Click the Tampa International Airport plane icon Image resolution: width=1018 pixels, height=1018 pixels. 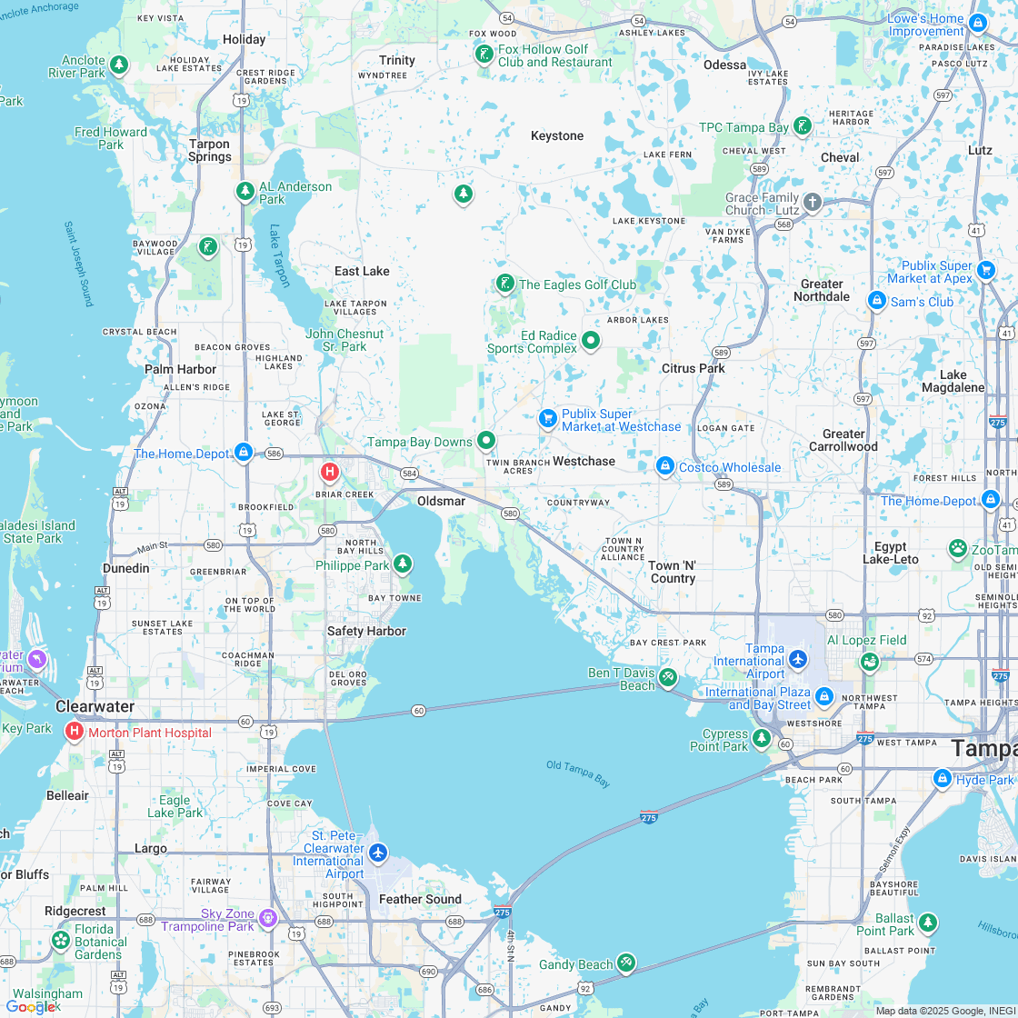click(798, 658)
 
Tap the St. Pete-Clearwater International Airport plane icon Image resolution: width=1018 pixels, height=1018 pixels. click(379, 853)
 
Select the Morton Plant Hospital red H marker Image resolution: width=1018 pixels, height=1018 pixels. click(74, 732)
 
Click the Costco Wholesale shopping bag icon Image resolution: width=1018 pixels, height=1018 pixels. click(664, 466)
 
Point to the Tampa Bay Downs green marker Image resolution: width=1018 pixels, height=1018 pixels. click(486, 441)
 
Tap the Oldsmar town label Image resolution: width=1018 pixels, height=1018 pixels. click(441, 501)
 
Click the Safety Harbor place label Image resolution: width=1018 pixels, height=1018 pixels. click(366, 631)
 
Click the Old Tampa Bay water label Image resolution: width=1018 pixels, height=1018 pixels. click(578, 773)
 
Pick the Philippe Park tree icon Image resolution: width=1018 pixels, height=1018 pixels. click(402, 564)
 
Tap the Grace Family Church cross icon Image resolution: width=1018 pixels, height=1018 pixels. click(812, 202)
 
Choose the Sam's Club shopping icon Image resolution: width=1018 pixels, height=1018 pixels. click(876, 301)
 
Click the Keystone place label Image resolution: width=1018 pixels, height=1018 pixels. click(556, 135)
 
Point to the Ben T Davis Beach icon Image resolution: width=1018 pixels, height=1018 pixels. click(668, 676)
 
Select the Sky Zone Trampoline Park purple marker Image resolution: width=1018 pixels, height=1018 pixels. click(267, 918)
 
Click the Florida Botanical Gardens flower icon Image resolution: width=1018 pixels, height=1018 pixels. click(61, 940)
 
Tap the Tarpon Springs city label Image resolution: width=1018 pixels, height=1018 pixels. click(209, 150)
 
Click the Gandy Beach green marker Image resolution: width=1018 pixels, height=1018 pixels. click(625, 963)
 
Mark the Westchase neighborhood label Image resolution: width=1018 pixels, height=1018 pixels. click(584, 461)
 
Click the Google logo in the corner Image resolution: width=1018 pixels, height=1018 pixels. click(31, 1006)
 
